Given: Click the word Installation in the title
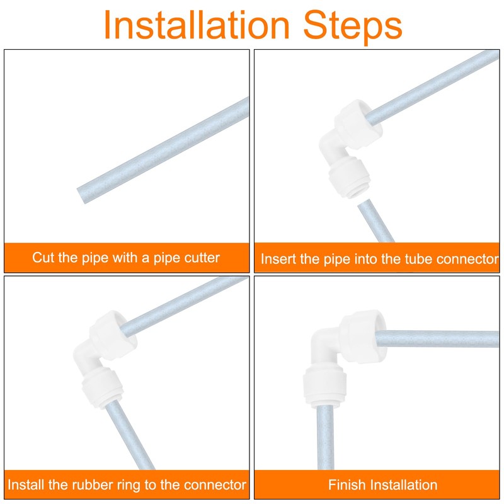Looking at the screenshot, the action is click(x=197, y=25).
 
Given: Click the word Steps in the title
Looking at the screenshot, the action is click(x=353, y=27).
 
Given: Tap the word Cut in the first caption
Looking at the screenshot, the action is click(x=43, y=258).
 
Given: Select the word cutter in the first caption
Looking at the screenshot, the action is click(x=202, y=258).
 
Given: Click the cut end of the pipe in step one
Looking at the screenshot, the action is click(x=81, y=195).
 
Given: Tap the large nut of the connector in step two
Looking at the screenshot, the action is click(x=358, y=123).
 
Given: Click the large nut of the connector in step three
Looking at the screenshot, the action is click(x=113, y=335).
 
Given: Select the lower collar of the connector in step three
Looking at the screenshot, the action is click(x=102, y=389).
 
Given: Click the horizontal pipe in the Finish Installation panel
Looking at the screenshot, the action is click(x=437, y=339).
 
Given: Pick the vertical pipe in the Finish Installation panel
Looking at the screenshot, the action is click(x=326, y=437).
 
